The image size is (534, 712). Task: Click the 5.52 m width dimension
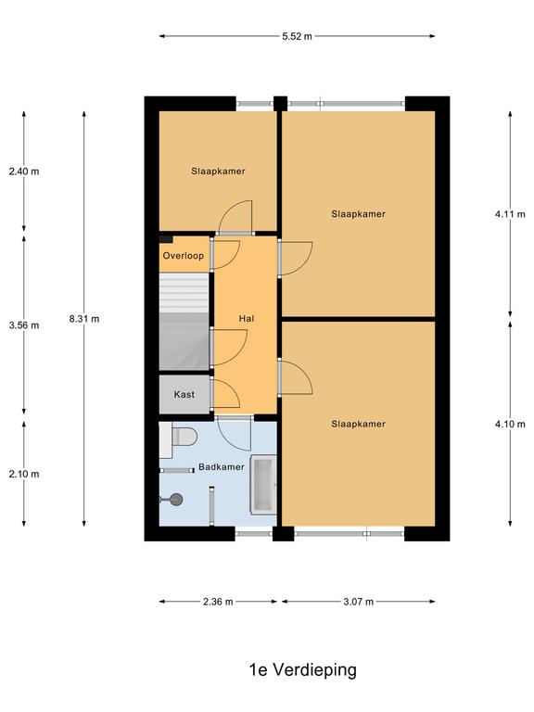point(297,37)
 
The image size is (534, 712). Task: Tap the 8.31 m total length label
point(84,319)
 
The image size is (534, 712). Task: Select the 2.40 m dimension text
point(24,172)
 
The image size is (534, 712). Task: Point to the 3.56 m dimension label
point(24,325)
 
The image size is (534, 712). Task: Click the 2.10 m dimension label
point(24,474)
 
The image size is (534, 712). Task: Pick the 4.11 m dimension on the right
point(510,214)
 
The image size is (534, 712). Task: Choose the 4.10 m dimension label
point(510,424)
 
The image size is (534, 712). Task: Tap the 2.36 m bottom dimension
point(218,602)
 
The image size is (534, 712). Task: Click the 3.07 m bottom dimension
point(358,602)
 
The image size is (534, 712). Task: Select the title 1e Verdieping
point(303,669)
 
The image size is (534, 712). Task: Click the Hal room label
point(247,319)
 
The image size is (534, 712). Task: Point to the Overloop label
point(184,256)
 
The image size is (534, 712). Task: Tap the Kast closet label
point(184,395)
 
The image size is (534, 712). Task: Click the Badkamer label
point(222,467)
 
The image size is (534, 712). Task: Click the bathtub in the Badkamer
point(264,484)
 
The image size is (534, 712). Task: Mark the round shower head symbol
point(176,500)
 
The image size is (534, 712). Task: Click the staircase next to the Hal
point(184,322)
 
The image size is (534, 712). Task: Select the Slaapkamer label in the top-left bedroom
point(218,172)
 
